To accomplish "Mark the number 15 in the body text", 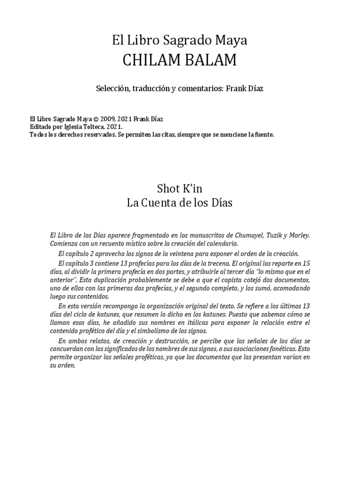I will coord(306,263).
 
